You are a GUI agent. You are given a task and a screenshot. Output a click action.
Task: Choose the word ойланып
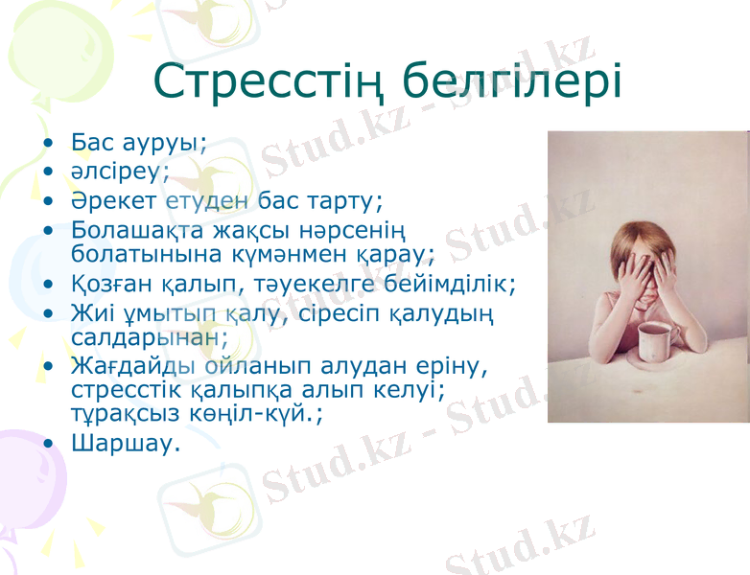tap(232, 366)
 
